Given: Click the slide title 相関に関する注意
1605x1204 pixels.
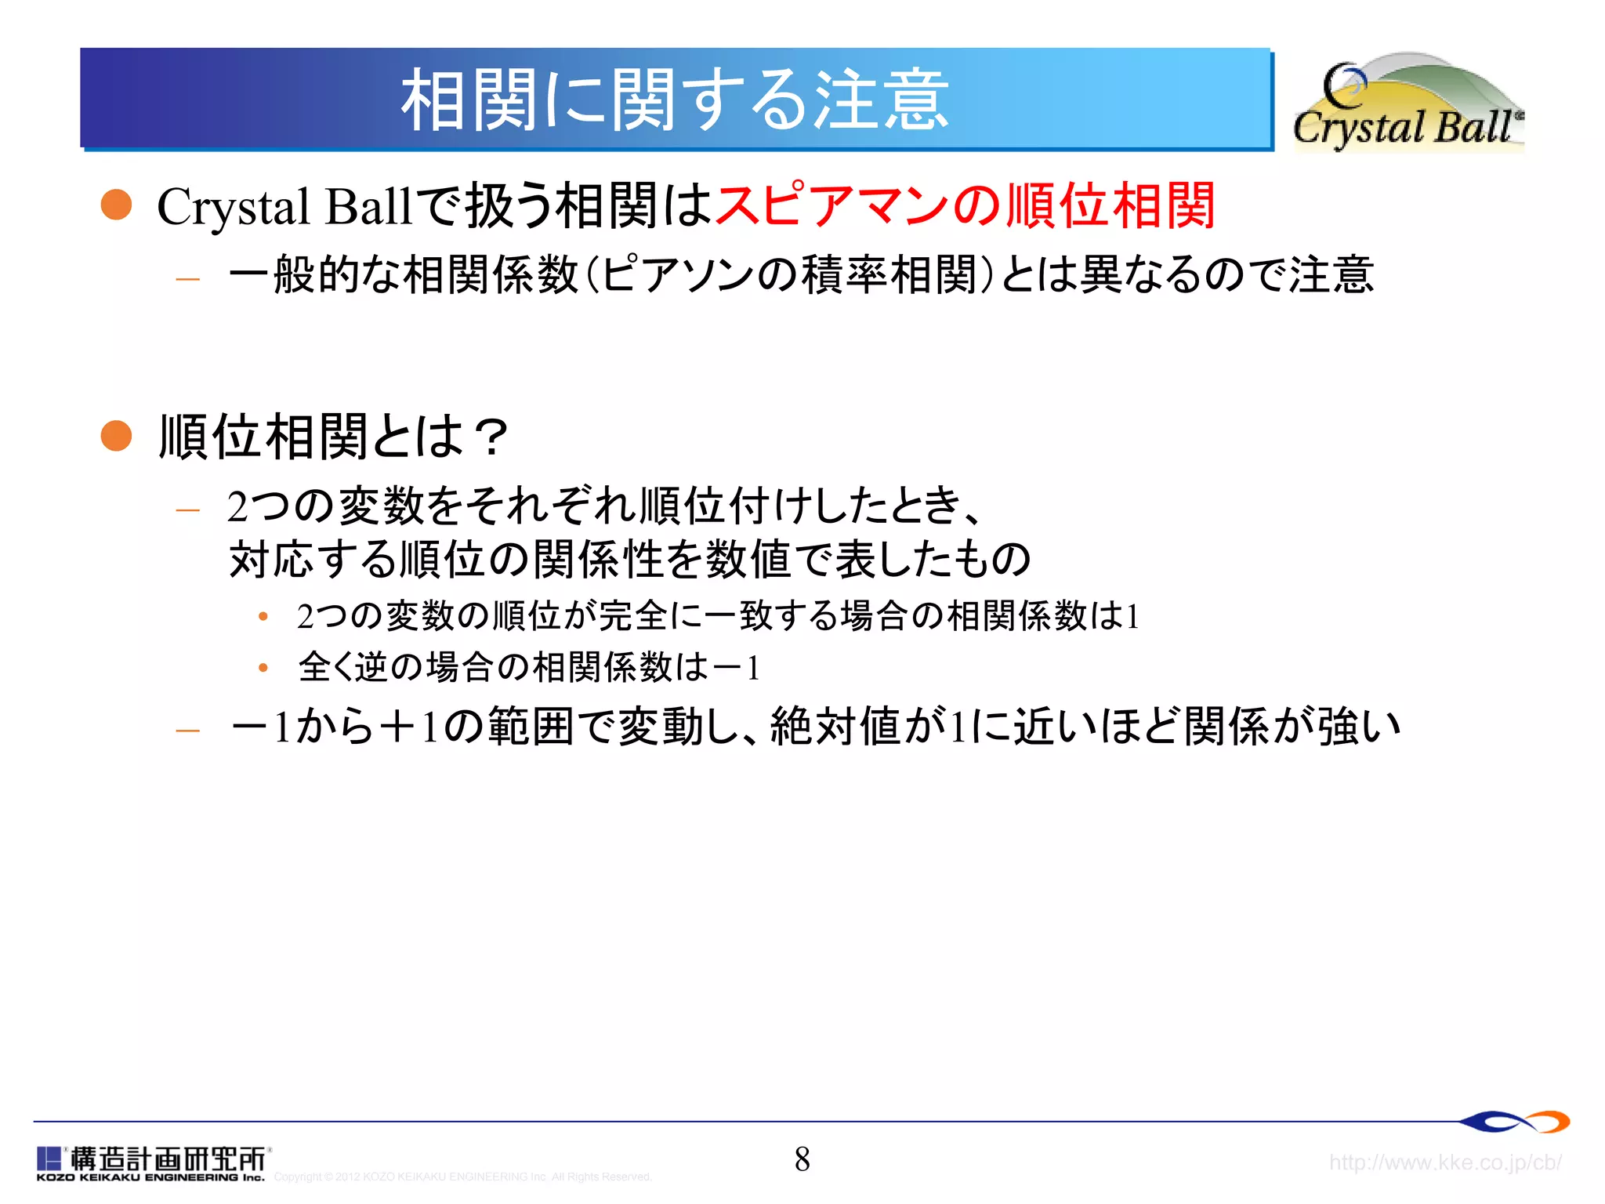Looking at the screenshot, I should click(x=675, y=100).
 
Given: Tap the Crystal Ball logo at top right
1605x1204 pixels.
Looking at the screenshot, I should click(x=1408, y=103).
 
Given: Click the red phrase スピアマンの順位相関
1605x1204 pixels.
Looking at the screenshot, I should click(x=965, y=206).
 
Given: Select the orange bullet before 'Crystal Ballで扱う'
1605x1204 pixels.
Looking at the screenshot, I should click(x=117, y=205).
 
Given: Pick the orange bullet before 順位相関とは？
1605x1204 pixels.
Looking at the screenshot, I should click(x=117, y=436).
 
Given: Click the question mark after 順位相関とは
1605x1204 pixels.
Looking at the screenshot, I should click(x=493, y=437).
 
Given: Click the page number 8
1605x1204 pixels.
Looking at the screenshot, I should click(x=802, y=1159).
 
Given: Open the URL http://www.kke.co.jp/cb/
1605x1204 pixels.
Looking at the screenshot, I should click(x=1445, y=1162).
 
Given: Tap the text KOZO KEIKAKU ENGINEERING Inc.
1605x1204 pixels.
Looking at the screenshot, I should click(x=150, y=1177).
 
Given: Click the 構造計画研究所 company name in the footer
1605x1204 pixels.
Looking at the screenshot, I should click(x=168, y=1158).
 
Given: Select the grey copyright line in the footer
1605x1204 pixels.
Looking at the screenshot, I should click(x=462, y=1177).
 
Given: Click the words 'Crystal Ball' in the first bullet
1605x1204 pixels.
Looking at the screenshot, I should click(x=284, y=207).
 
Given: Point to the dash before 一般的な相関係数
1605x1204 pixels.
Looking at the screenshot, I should click(x=188, y=278).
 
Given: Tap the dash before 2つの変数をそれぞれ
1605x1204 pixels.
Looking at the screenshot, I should click(x=188, y=510).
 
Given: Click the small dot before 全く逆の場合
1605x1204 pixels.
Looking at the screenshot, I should click(x=263, y=668).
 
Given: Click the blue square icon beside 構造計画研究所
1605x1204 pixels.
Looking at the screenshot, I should click(x=49, y=1159).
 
